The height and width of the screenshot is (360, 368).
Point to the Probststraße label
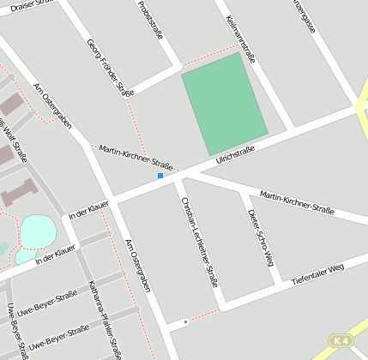pos(150,21)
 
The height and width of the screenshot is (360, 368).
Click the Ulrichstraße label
pos(235,154)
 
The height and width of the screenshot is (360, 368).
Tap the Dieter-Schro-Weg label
pos(261,237)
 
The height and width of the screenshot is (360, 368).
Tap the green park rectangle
pos(224,103)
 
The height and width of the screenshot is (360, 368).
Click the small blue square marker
pos(160,176)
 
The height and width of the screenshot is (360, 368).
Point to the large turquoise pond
pos(37,231)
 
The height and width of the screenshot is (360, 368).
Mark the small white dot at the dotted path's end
pos(185,322)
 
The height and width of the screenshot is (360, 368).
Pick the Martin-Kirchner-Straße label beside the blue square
pos(136,157)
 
